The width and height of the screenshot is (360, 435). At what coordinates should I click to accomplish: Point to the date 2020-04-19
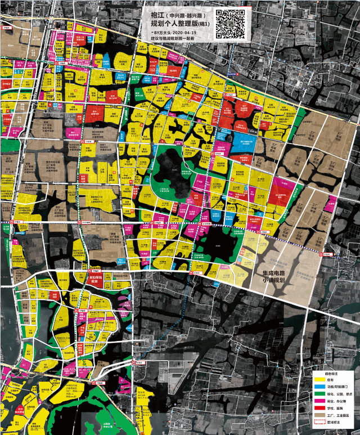tap(185, 33)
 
